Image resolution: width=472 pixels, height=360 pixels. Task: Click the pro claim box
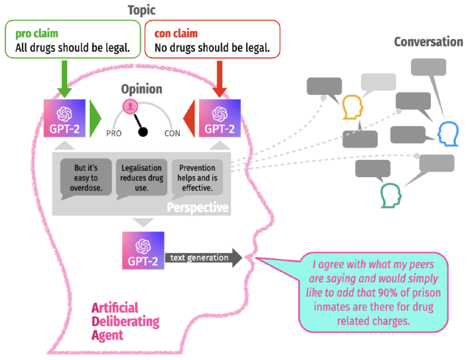[73, 39]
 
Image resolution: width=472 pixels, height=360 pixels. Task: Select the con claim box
[212, 39]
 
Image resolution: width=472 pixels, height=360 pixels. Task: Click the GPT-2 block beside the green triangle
[65, 118]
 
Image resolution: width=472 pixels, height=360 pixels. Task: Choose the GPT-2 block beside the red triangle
[220, 118]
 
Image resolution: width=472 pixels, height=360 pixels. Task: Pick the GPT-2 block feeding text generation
[143, 250]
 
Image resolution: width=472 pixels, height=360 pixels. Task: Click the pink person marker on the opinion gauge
[130, 107]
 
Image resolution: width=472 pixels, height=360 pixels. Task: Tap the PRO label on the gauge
[114, 134]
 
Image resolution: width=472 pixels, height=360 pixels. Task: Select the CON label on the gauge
[172, 134]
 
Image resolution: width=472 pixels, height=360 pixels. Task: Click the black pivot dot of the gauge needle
[143, 132]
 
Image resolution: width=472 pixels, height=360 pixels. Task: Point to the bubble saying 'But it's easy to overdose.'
[86, 178]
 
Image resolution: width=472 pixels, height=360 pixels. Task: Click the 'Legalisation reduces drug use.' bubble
[142, 178]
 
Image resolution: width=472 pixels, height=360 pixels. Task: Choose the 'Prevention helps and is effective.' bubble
[197, 178]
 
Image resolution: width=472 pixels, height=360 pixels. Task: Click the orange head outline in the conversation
[353, 107]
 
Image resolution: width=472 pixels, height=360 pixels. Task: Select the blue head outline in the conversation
[448, 134]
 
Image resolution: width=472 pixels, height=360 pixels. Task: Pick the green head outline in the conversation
[391, 195]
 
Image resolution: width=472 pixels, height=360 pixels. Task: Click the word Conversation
[428, 42]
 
